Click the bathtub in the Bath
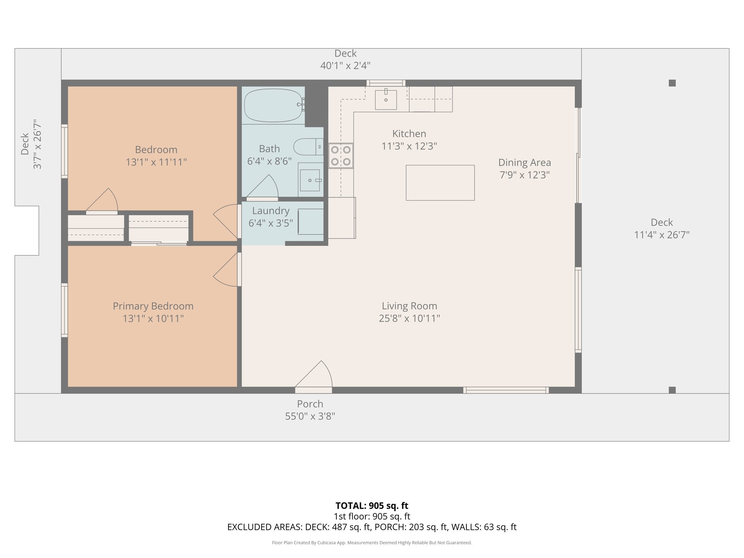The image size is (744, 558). tap(273, 105)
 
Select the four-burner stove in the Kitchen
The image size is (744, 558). tap(341, 155)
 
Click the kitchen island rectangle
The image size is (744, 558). tap(440, 183)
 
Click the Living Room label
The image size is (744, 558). tap(409, 306)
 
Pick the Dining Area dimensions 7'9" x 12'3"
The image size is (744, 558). tap(524, 175)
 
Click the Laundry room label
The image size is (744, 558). tap(271, 211)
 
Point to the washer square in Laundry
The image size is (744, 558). tap(311, 222)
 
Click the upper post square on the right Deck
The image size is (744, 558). tap(672, 83)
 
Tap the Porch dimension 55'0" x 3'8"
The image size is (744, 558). tap(310, 416)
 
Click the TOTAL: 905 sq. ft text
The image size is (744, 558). tap(372, 506)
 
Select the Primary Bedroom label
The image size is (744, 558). tap(153, 306)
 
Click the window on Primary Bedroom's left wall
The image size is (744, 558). tap(64, 310)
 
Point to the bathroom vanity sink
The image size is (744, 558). tap(310, 180)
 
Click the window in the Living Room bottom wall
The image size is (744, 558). tap(506, 390)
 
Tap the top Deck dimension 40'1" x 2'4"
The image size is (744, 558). tap(345, 66)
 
